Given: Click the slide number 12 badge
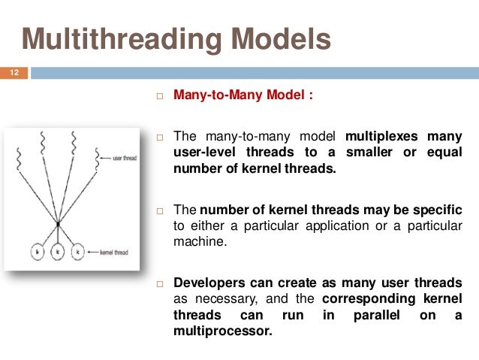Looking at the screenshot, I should pos(14,73).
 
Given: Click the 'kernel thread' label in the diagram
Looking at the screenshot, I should pos(116,253).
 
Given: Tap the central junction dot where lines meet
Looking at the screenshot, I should pos(57,223).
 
